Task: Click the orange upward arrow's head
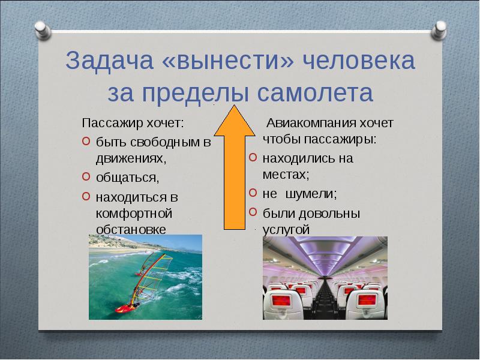(235, 118)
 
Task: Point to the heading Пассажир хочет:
(133, 124)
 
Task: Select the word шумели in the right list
(316, 194)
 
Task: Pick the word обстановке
(131, 229)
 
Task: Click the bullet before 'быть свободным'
(85, 142)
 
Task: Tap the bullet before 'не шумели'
(253, 194)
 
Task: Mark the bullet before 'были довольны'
(253, 212)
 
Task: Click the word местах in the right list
(286, 175)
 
